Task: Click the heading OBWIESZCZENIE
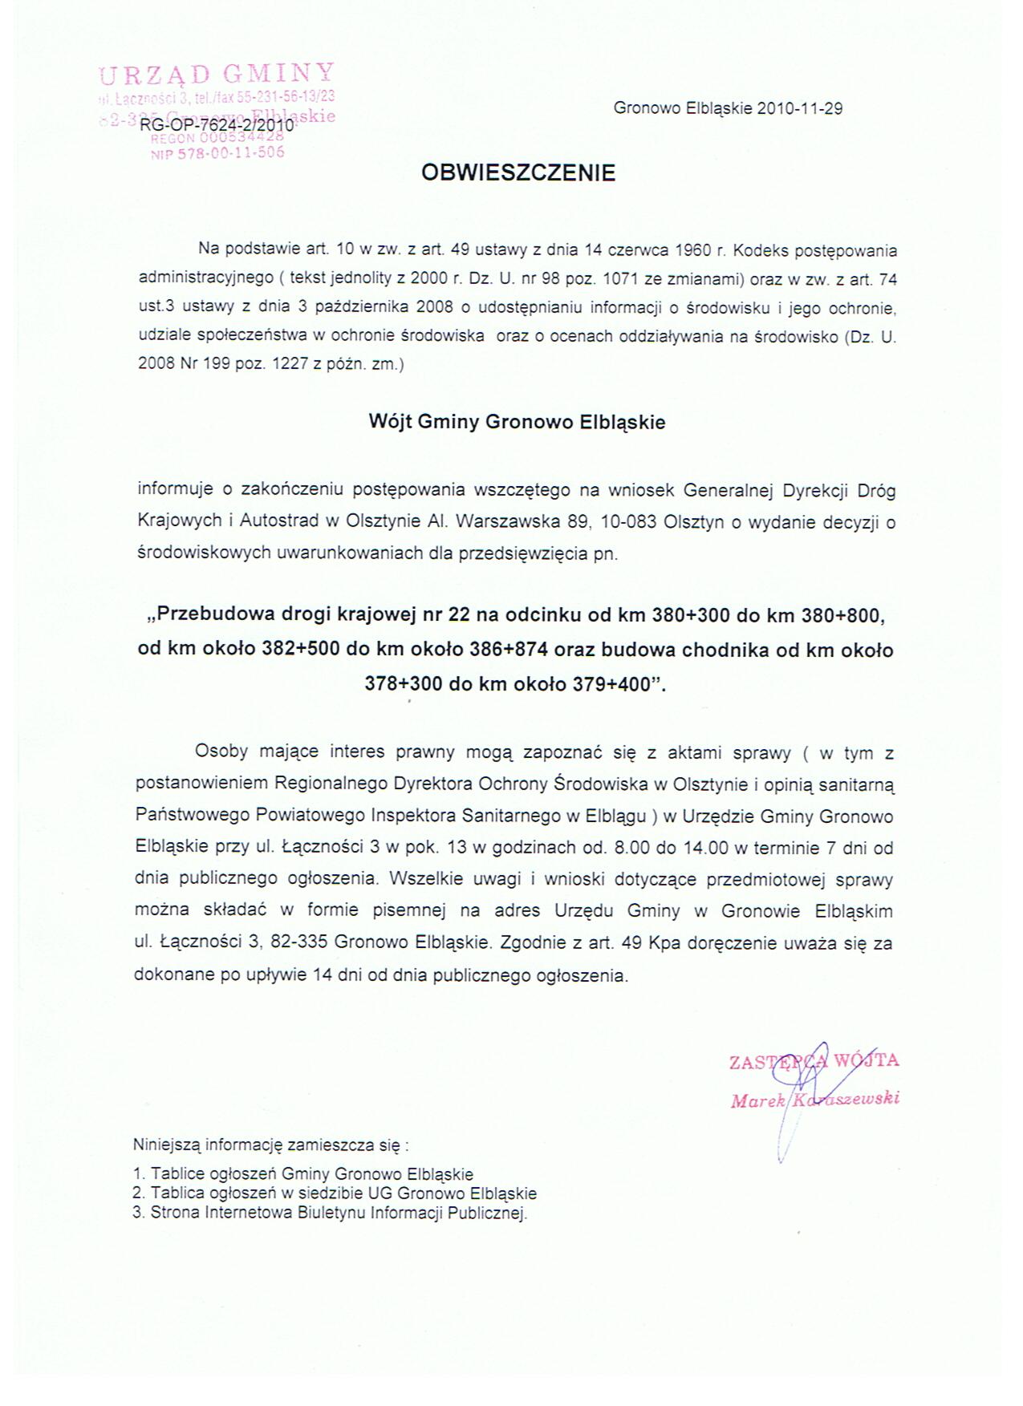click(x=518, y=173)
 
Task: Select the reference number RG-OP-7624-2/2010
click(x=217, y=126)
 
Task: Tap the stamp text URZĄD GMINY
click(x=215, y=75)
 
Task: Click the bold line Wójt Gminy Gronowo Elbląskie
click(x=517, y=423)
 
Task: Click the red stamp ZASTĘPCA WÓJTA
click(x=813, y=1061)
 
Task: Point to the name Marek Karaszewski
click(x=814, y=1099)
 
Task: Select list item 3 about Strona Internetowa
click(x=330, y=1213)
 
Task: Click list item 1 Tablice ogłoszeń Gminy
click(x=303, y=1174)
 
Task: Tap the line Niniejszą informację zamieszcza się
click(x=271, y=1145)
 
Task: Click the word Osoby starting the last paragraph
click(x=221, y=752)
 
